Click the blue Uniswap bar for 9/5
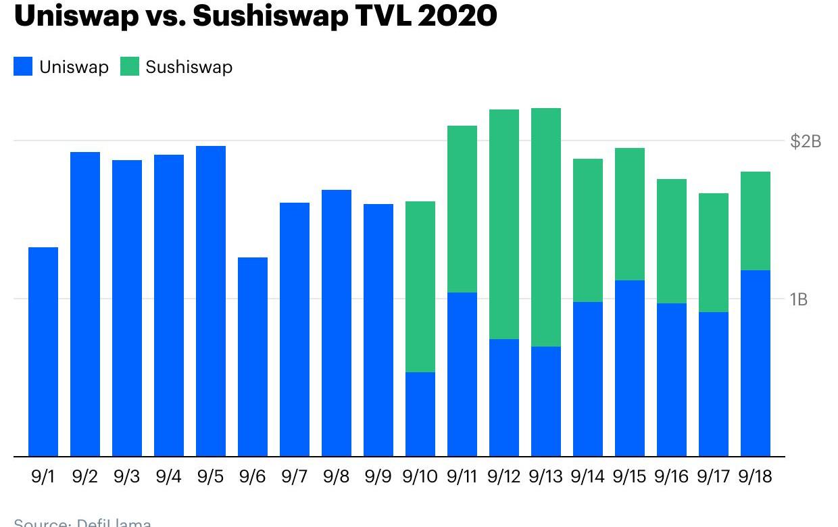click(x=211, y=301)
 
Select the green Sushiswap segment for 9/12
click(x=504, y=224)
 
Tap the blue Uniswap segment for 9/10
click(x=420, y=414)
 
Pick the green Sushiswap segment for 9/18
click(x=756, y=221)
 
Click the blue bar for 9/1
click(x=43, y=351)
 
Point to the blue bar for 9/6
click(x=253, y=357)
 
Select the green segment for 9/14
click(x=588, y=230)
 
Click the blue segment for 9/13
click(x=546, y=401)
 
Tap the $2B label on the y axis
click(x=806, y=141)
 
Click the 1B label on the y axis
click(x=798, y=299)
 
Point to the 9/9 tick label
click(x=378, y=477)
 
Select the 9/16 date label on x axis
click(x=671, y=477)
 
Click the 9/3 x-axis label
click(x=126, y=477)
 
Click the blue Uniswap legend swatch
click(x=23, y=67)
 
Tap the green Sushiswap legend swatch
click(x=129, y=67)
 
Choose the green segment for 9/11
click(x=462, y=209)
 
